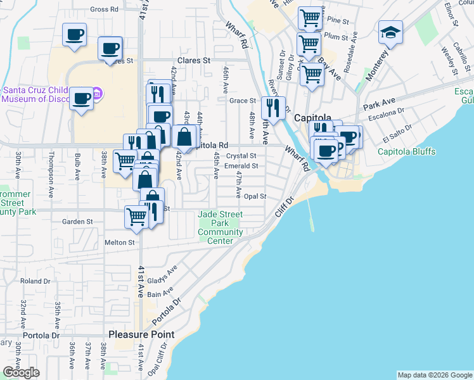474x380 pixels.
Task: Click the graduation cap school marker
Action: point(390,32)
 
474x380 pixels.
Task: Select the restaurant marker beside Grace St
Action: point(273,108)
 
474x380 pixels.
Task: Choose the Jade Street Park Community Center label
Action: point(221,227)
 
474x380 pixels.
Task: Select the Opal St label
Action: point(254,196)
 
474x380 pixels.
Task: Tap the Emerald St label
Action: point(242,166)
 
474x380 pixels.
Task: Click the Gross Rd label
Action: point(105,9)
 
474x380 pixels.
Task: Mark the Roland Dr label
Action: point(35,281)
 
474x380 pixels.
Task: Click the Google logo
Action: point(21,372)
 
